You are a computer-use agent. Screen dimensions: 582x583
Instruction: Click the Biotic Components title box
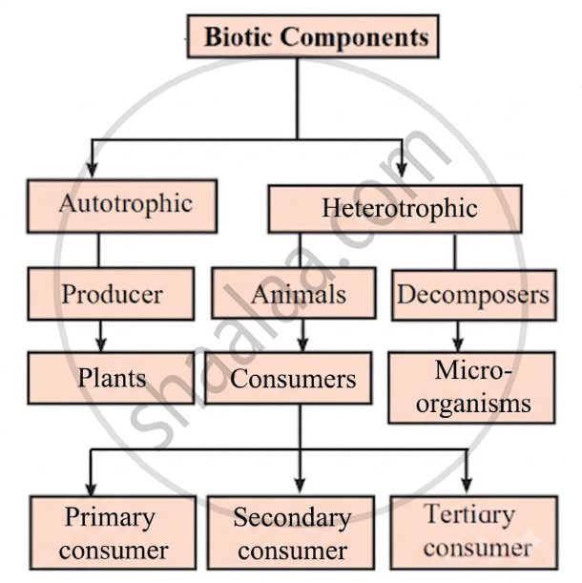coord(313,36)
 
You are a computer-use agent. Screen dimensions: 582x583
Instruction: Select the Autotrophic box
coord(122,206)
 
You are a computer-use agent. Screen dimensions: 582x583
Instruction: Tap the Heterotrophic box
coord(395,209)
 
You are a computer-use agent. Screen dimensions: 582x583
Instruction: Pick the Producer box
coord(111,294)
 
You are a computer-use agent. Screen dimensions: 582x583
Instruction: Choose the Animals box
coord(294,293)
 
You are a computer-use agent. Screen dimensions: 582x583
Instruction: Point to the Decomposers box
coord(474,295)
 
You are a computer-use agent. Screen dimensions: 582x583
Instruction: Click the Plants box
coord(111,378)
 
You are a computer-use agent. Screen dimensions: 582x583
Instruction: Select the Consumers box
coord(288,378)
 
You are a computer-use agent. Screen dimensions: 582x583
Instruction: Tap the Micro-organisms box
coord(471,387)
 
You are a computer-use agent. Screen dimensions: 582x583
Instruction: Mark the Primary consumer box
coord(113,532)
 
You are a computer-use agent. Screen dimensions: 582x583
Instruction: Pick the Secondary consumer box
coord(291,532)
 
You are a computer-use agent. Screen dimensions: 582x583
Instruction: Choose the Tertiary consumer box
coord(474,532)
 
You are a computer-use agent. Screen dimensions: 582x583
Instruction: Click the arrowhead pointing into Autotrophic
coord(92,170)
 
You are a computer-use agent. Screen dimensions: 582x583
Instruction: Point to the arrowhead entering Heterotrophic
coord(402,170)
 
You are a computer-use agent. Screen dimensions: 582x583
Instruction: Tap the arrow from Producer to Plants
coord(101,336)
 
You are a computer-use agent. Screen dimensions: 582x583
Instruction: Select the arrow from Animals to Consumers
coord(303,335)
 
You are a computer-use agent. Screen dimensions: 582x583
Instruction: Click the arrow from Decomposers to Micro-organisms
coord(458,336)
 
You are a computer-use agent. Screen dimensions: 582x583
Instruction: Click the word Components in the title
coord(355,37)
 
